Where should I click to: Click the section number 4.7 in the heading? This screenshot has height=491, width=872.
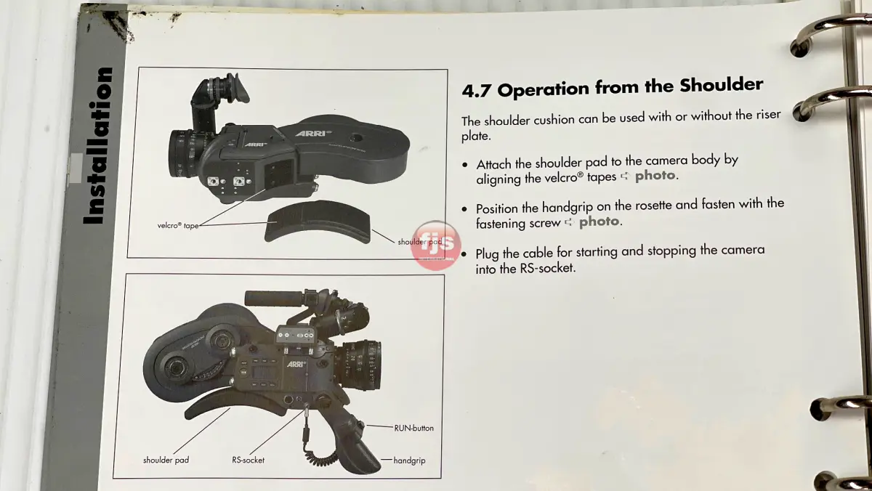click(476, 91)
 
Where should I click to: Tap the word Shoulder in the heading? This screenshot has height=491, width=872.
click(721, 84)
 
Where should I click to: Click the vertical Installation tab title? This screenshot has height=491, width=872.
click(98, 145)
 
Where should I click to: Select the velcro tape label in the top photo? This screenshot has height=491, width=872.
click(178, 225)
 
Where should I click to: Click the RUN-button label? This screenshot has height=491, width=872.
click(413, 428)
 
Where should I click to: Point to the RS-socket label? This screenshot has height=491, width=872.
click(248, 460)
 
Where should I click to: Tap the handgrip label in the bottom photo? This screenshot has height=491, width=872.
click(409, 460)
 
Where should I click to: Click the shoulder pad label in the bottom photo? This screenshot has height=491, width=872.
click(166, 460)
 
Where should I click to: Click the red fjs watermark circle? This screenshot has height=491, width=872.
click(435, 245)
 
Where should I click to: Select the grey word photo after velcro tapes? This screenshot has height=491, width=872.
click(655, 176)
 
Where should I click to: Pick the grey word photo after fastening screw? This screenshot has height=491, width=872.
click(599, 222)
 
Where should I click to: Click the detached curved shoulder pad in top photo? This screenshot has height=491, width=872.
click(318, 222)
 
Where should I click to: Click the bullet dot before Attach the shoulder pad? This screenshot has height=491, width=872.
click(464, 165)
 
